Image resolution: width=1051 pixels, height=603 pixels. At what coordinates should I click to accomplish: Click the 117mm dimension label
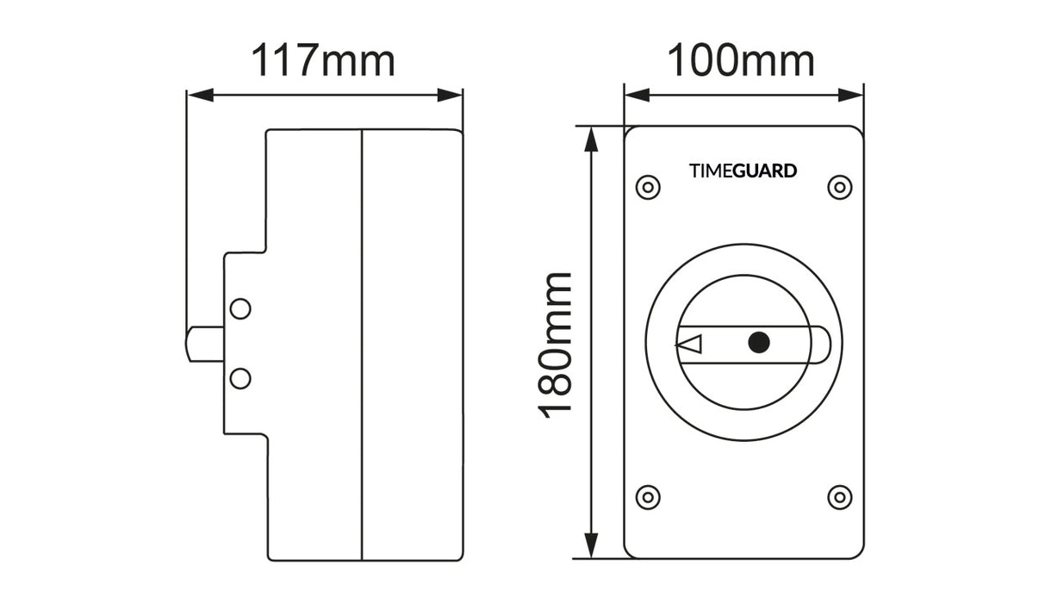pyautogui.click(x=323, y=61)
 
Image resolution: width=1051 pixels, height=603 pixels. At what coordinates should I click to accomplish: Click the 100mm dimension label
pyautogui.click(x=741, y=61)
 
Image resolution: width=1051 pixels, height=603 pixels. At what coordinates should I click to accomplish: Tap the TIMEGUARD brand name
pyautogui.click(x=743, y=171)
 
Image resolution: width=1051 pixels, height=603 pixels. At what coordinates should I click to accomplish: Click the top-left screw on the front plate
pyautogui.click(x=647, y=187)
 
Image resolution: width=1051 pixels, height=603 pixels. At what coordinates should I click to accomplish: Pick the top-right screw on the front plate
pyautogui.click(x=839, y=187)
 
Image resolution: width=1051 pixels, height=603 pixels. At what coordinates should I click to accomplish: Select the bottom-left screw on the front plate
pyautogui.click(x=647, y=496)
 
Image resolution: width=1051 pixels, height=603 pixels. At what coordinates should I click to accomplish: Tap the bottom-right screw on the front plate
pyautogui.click(x=839, y=496)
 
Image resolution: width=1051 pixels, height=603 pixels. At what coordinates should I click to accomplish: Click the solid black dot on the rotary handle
pyautogui.click(x=758, y=343)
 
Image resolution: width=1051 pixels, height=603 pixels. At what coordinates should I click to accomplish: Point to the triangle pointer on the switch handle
pyautogui.click(x=689, y=345)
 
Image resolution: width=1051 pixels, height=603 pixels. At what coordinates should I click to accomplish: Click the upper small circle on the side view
pyautogui.click(x=241, y=308)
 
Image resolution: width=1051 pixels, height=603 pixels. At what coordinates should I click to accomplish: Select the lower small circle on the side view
pyautogui.click(x=241, y=377)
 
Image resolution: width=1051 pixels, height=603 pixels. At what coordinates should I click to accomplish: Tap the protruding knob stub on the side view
pyautogui.click(x=205, y=345)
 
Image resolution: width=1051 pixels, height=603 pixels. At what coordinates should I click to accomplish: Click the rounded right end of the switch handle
pyautogui.click(x=822, y=345)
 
